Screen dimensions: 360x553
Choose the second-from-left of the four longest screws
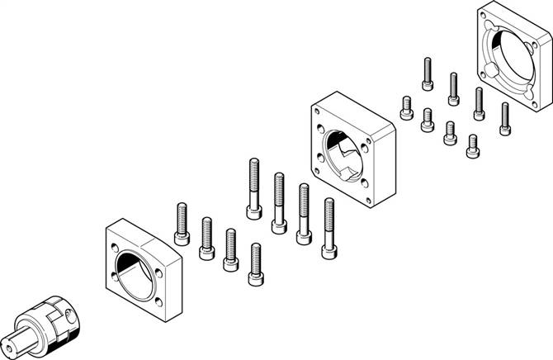coord(278,198)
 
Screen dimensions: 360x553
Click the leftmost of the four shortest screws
coord(405,107)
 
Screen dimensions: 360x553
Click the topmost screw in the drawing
coord(428,73)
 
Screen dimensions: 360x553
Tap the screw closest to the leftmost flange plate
coord(182,225)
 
